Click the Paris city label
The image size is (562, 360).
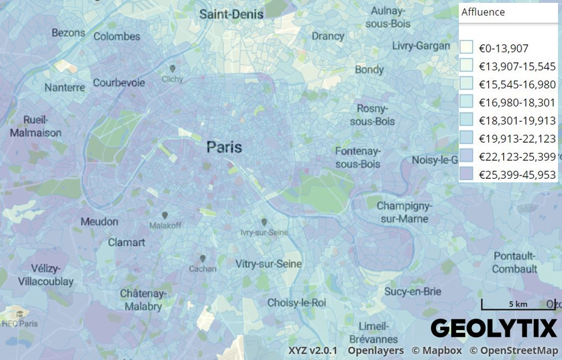[x=224, y=147]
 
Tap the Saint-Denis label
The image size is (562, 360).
[x=231, y=14]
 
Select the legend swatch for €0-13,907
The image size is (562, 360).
[x=467, y=48]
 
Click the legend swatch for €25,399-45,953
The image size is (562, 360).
[x=467, y=174]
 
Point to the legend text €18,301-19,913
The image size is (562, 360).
[x=517, y=121]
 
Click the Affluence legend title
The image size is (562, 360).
[x=483, y=12]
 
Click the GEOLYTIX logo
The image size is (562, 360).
[x=494, y=328]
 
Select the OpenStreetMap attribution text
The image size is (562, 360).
[x=513, y=350]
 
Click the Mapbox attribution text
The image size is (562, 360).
[x=436, y=350]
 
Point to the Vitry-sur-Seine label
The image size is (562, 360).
[x=269, y=264]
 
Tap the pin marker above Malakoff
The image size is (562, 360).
[x=165, y=215]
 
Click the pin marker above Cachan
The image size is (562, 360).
[x=202, y=259]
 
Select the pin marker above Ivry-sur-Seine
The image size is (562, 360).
[x=263, y=222]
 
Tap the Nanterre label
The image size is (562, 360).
[x=65, y=88]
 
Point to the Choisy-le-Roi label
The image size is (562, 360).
[x=296, y=302]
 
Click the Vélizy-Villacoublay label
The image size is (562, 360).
[x=46, y=275]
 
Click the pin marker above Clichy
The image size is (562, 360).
[x=172, y=69]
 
